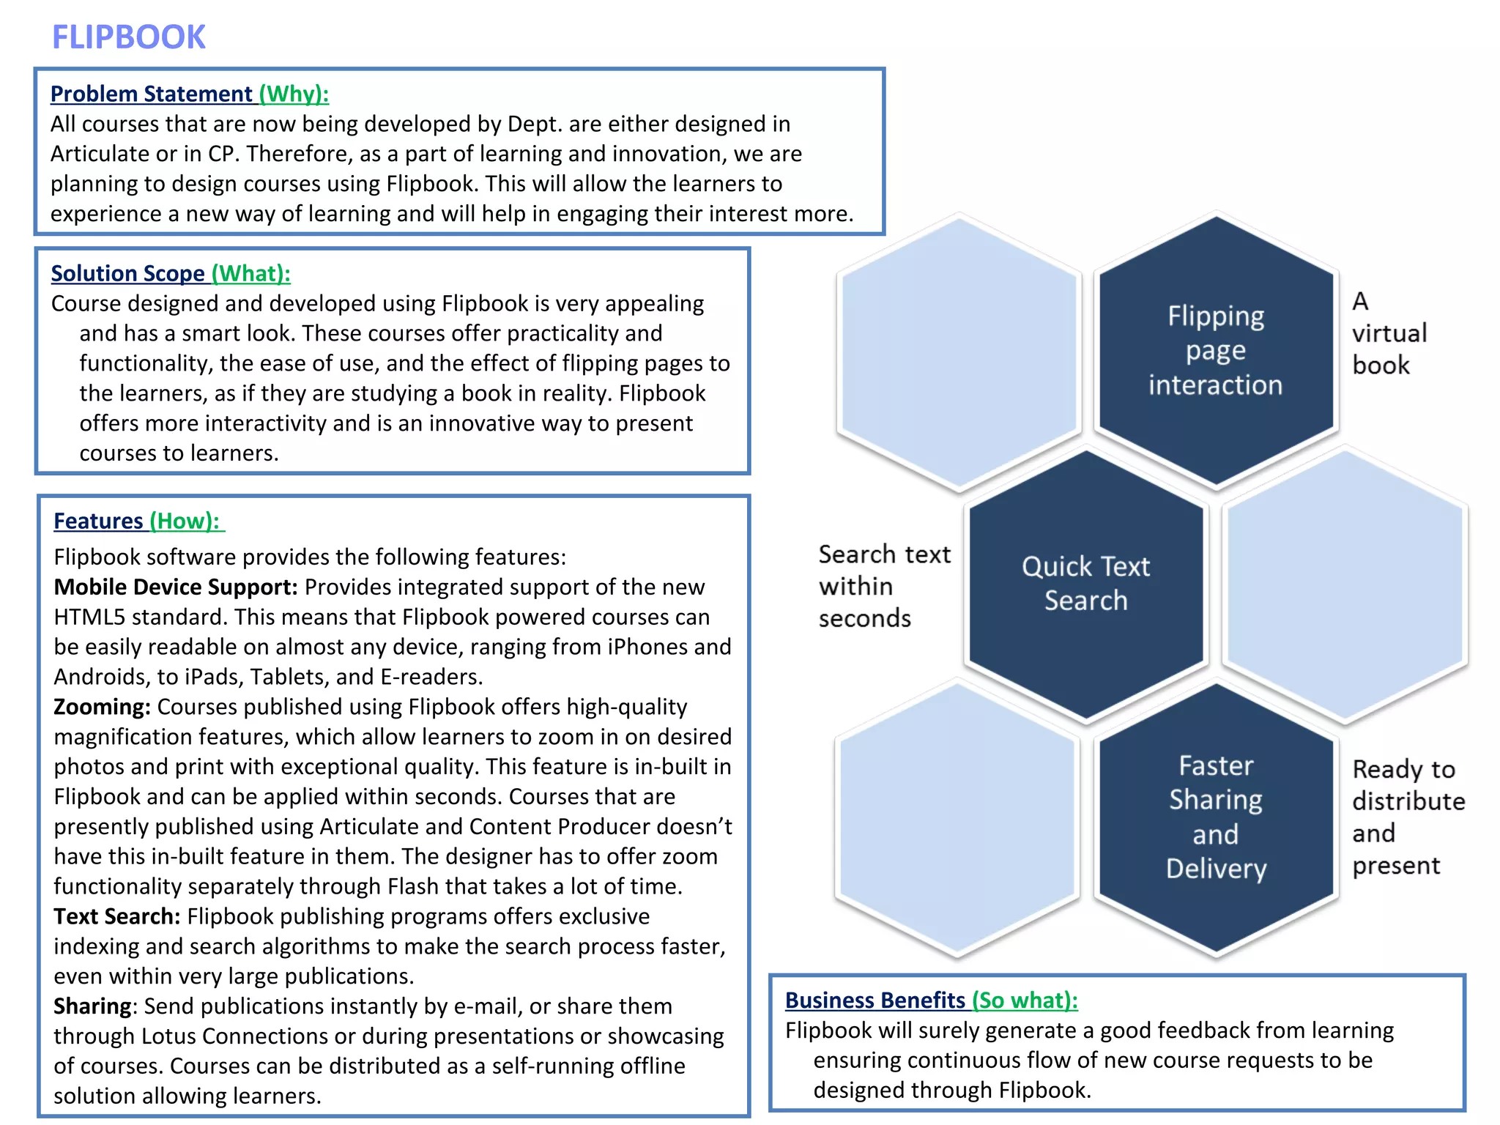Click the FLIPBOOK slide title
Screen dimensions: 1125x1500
[x=129, y=37]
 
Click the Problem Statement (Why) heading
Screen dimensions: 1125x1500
[x=189, y=94]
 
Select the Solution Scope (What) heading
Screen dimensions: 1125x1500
[x=170, y=273]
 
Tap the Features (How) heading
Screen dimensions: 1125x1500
[x=138, y=521]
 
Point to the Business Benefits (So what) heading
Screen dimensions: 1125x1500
[x=931, y=1000]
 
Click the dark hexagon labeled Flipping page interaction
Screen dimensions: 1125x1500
[x=1216, y=350]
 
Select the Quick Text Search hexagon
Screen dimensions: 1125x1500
[x=1085, y=583]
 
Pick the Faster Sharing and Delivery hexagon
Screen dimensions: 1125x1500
[x=1216, y=817]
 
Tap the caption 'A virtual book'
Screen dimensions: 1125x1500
[x=1389, y=333]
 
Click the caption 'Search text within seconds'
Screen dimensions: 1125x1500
[x=883, y=586]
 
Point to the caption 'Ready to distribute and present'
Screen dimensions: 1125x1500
[x=1407, y=817]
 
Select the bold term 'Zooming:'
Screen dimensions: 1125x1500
[x=102, y=707]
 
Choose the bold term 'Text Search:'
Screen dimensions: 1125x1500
[x=116, y=916]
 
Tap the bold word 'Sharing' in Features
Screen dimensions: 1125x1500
[x=92, y=1006]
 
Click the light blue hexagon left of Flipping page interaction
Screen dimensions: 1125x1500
[x=959, y=350]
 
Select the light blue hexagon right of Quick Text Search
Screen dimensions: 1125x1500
[x=1345, y=583]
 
